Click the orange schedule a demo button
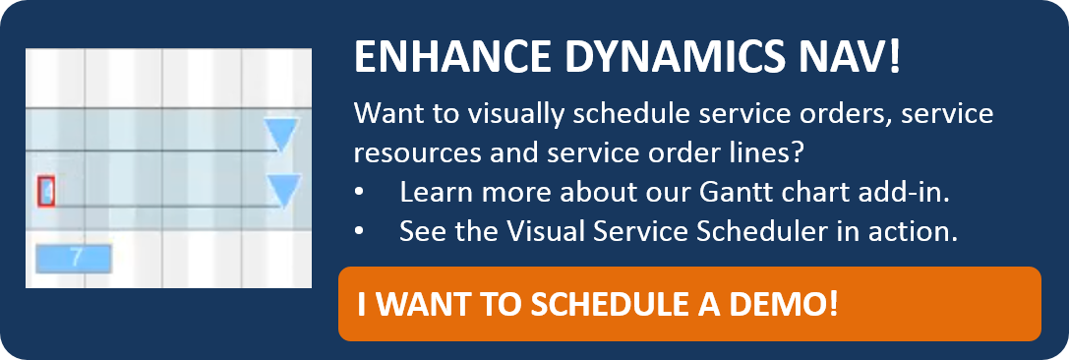pyautogui.click(x=689, y=303)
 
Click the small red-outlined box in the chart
pyautogui.click(x=45, y=191)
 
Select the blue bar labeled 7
pyautogui.click(x=74, y=258)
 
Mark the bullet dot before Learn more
pyautogui.click(x=359, y=193)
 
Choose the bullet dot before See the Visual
pyautogui.click(x=359, y=232)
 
